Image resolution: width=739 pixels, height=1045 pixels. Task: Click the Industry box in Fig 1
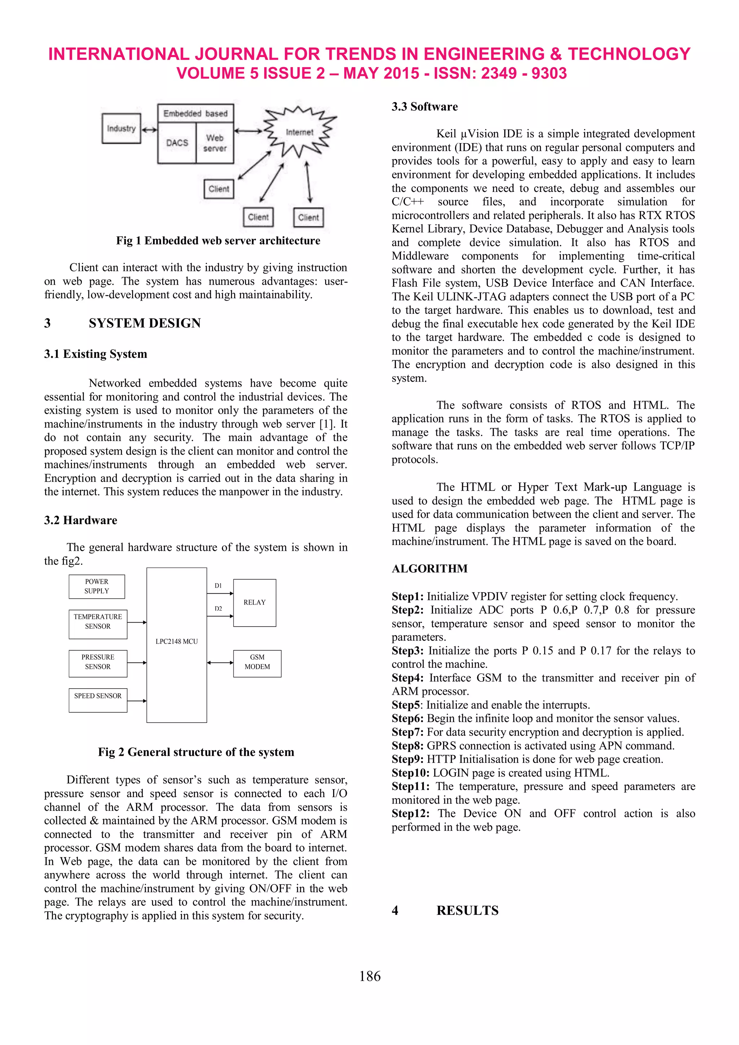click(x=121, y=129)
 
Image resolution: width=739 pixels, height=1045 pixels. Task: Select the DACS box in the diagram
click(x=177, y=142)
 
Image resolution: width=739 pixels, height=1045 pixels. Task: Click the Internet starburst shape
click(x=299, y=132)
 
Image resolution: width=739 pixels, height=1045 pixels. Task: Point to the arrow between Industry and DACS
click(x=149, y=130)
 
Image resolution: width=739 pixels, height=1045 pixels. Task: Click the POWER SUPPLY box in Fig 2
click(x=97, y=586)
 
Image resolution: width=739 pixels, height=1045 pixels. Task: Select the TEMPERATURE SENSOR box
click(x=98, y=622)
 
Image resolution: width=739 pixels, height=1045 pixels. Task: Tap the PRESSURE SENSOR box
click(x=98, y=662)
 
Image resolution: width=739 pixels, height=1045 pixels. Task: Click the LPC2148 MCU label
click(x=177, y=641)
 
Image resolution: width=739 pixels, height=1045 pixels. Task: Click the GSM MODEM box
click(x=257, y=662)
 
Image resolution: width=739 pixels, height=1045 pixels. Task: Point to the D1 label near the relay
click(x=218, y=586)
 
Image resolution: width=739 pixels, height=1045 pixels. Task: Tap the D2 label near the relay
click(x=218, y=609)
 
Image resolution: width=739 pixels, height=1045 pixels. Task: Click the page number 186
click(x=369, y=976)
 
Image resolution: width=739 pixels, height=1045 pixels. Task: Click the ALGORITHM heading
click(x=429, y=568)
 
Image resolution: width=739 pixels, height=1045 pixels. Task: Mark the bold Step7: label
click(x=407, y=732)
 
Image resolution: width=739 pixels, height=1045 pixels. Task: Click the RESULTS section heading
click(x=467, y=910)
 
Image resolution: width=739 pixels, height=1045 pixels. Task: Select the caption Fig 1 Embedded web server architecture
click(x=218, y=241)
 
